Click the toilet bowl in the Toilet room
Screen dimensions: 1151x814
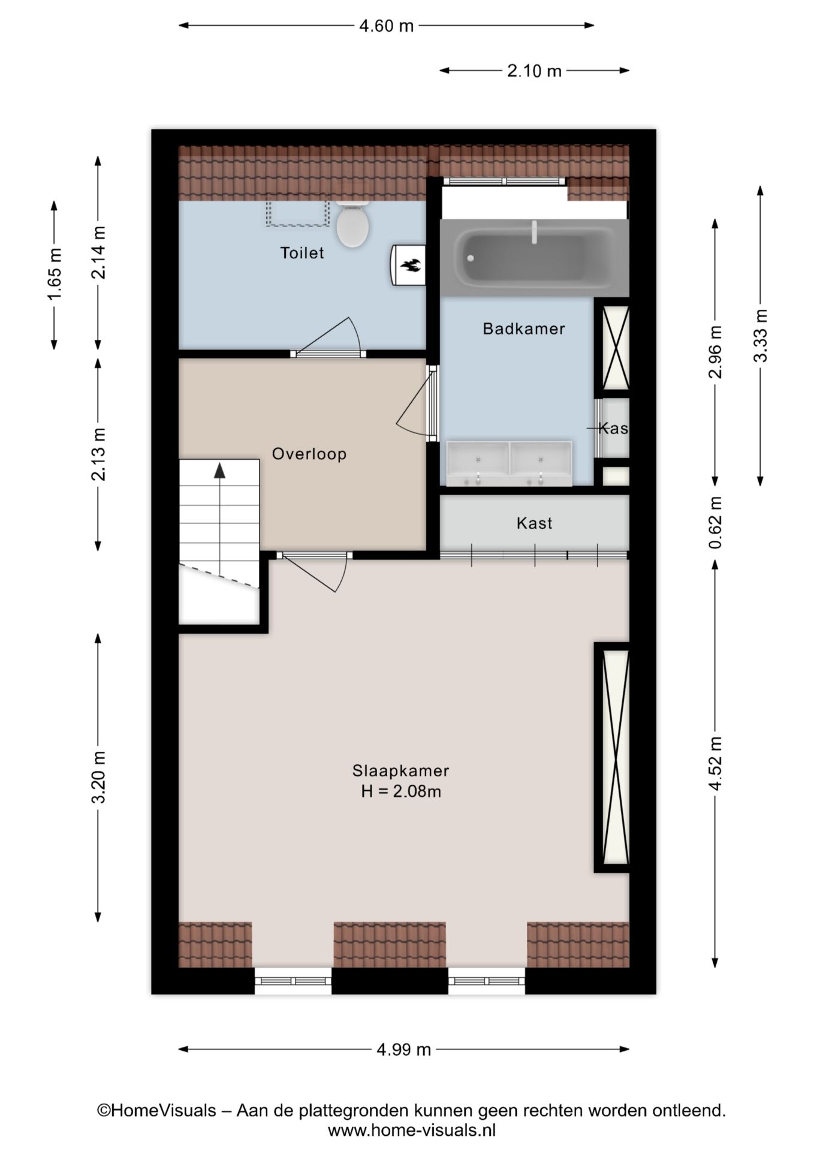coord(352,227)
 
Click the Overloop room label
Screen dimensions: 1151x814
coord(309,454)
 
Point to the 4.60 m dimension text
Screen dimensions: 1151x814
coord(386,26)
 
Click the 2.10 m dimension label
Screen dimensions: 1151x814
coord(534,71)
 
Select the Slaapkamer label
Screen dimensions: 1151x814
coord(400,770)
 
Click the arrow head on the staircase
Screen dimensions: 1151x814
coord(220,471)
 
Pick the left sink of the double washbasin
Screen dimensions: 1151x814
coord(478,463)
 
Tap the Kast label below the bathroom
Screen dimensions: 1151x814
coord(534,523)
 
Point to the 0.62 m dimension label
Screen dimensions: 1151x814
coord(715,523)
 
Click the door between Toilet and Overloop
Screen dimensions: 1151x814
coord(329,354)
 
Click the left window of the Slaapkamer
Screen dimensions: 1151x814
coord(293,981)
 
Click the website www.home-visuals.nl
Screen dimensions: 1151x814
coord(411,1131)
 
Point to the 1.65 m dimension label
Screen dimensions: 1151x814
coord(54,275)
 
